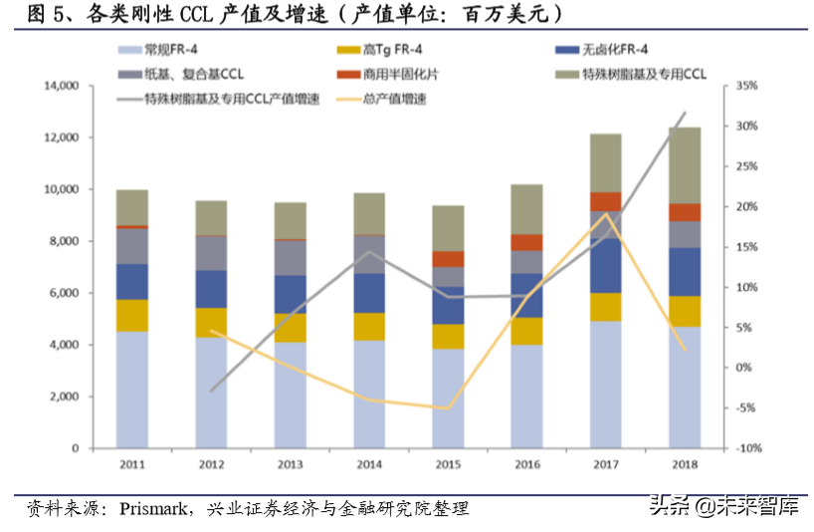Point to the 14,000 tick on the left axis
pyautogui.click(x=62, y=86)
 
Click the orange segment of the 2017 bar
pyautogui.click(x=605, y=201)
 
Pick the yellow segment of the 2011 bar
pyautogui.click(x=131, y=316)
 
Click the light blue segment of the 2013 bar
pyautogui.click(x=290, y=395)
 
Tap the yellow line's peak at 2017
pyautogui.click(x=605, y=214)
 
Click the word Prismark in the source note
pyautogui.click(x=154, y=509)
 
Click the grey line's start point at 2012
pyautogui.click(x=211, y=391)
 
